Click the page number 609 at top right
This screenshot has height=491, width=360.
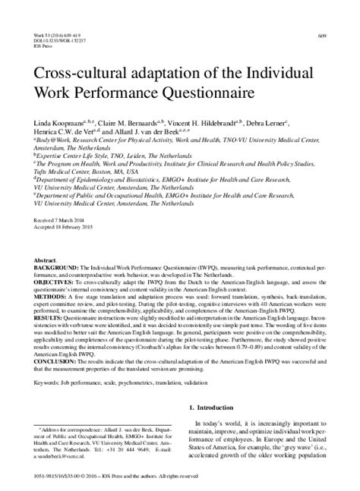pyautogui.click(x=322, y=36)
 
